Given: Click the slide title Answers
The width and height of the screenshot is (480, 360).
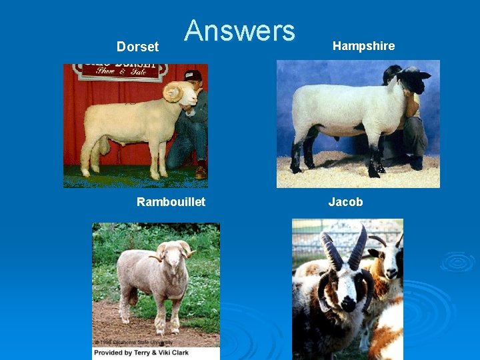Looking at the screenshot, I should click(x=239, y=31).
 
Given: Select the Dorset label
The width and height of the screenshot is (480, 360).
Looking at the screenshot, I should click(x=137, y=47).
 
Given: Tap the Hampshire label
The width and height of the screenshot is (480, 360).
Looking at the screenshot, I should click(x=363, y=46).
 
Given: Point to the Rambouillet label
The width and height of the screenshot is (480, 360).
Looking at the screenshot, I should click(x=171, y=202).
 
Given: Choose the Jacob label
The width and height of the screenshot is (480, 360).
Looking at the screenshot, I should click(x=345, y=202).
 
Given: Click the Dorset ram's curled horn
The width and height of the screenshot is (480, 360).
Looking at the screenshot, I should click(x=173, y=93).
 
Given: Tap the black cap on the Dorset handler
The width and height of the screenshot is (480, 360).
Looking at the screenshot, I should click(x=193, y=75).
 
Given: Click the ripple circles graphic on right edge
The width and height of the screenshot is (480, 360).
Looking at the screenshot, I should click(x=457, y=261).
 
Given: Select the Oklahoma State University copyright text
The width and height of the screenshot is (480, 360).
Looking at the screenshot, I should click(x=133, y=343).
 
